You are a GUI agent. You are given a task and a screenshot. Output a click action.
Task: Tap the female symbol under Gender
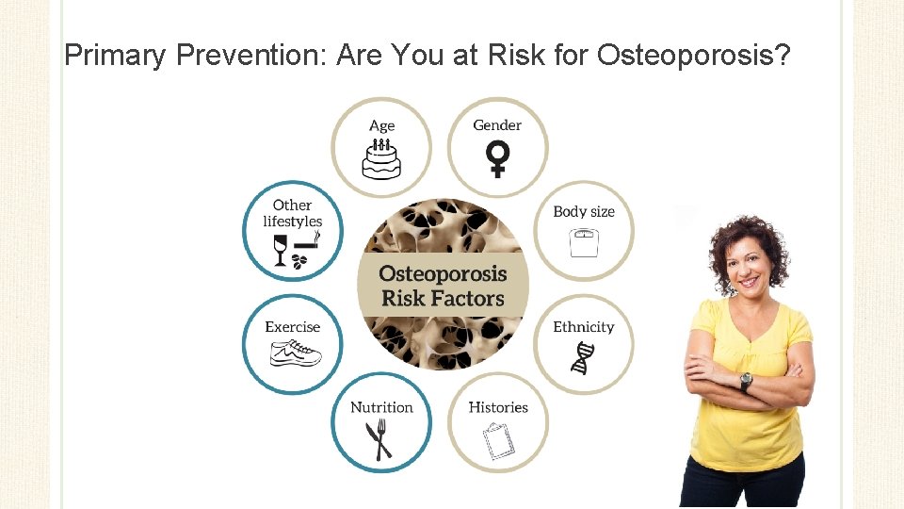[497, 158]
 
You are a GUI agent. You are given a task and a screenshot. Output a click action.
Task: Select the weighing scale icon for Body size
[584, 244]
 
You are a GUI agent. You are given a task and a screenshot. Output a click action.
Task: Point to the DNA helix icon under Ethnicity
[584, 358]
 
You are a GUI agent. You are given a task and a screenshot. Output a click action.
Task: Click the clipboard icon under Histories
[497, 439]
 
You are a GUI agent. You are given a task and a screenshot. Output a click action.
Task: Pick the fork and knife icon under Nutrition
[379, 438]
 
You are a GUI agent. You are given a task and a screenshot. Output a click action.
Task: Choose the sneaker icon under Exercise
[295, 353]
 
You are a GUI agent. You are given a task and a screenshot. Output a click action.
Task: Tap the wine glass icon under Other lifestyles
[280, 251]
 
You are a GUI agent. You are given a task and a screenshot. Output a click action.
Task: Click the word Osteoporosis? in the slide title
[693, 57]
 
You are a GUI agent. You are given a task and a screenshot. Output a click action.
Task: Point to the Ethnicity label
[583, 327]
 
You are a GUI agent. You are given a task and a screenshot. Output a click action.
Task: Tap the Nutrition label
[381, 407]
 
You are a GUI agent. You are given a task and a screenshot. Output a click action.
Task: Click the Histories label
[498, 407]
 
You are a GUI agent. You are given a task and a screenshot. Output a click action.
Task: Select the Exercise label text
[293, 327]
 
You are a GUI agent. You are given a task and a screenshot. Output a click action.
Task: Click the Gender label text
[497, 124]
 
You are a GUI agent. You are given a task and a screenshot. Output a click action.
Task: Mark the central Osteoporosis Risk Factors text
[443, 287]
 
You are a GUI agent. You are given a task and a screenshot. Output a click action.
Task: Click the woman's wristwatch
[746, 382]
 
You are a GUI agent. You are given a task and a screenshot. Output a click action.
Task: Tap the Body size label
[584, 211]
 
